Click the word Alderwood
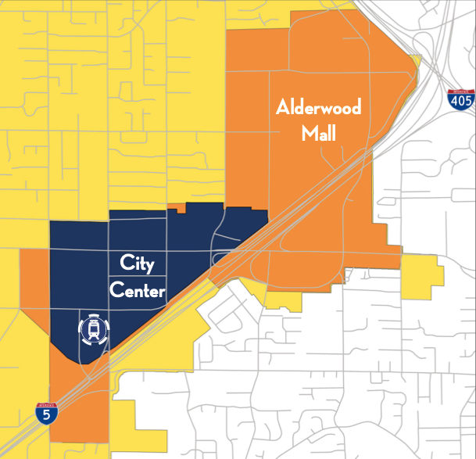[x=319, y=107]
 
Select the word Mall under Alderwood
[x=319, y=134]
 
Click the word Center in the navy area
[x=137, y=291]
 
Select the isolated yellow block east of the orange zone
[x=422, y=278]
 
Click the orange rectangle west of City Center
[x=34, y=270]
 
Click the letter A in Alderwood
[x=282, y=106]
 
